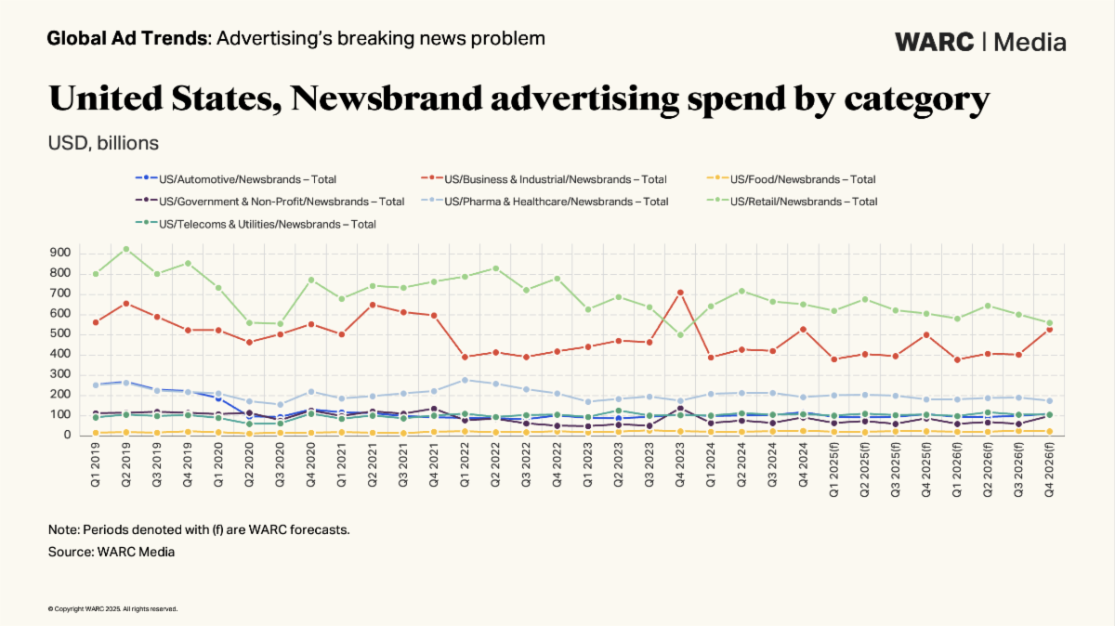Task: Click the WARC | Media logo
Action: [x=980, y=42]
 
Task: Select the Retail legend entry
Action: [x=804, y=202]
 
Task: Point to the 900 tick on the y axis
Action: [x=60, y=253]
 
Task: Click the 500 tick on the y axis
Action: [x=60, y=333]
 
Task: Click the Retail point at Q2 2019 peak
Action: [x=126, y=249]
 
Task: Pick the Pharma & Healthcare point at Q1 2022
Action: [x=465, y=380]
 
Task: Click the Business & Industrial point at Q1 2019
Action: [x=96, y=322]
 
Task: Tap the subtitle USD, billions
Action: [x=103, y=144]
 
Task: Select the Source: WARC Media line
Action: [x=111, y=552]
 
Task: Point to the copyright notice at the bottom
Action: [x=112, y=609]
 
